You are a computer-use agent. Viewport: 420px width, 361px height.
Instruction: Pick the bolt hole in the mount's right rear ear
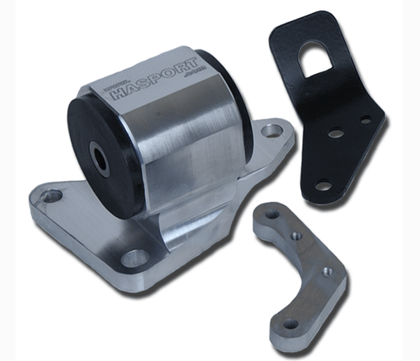pos(273,131)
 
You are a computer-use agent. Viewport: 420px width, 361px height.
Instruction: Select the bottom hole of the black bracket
pos(322,186)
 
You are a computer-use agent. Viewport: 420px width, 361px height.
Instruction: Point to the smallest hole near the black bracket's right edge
pos(366,120)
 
